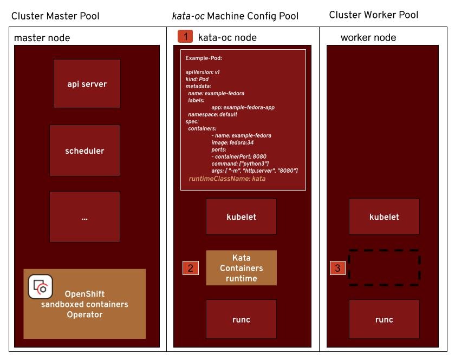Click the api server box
(x=87, y=84)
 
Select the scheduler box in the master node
(x=84, y=150)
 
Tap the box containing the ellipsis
(x=84, y=217)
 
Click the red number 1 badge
(x=185, y=37)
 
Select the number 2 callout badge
(x=190, y=267)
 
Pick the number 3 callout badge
(x=337, y=267)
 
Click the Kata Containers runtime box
(x=241, y=268)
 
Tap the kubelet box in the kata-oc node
(x=241, y=217)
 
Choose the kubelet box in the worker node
(x=384, y=217)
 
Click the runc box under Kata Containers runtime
(x=241, y=319)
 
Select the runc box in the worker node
(x=384, y=319)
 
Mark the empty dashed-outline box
(x=384, y=267)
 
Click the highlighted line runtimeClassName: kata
(x=227, y=179)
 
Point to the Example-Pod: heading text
(x=204, y=58)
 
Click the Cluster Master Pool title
(x=55, y=17)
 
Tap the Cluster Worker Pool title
(x=374, y=15)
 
